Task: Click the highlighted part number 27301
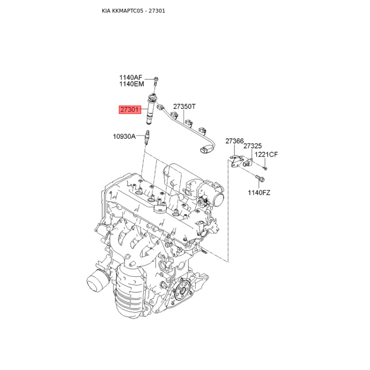pyautogui.click(x=129, y=110)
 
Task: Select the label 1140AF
pyautogui.click(x=131, y=77)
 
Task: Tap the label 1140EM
pyautogui.click(x=131, y=84)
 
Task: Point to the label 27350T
pyautogui.click(x=184, y=107)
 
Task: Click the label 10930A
pyautogui.click(x=124, y=136)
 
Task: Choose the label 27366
pyautogui.click(x=234, y=141)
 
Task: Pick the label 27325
pyautogui.click(x=253, y=146)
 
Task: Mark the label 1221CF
pyautogui.click(x=266, y=154)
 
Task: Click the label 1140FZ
pyautogui.click(x=259, y=193)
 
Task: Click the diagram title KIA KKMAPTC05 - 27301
pyautogui.click(x=133, y=11)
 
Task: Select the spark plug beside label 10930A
pyautogui.click(x=147, y=137)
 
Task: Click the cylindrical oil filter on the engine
pyautogui.click(x=97, y=281)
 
